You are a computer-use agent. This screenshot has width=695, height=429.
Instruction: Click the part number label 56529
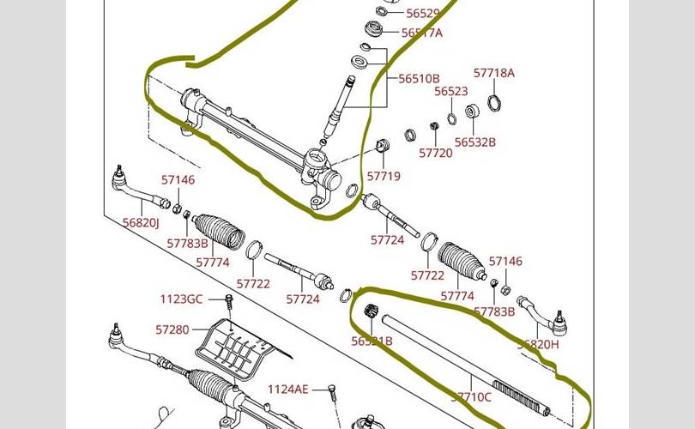coord(423,14)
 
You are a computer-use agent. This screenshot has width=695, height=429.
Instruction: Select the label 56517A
coord(422,33)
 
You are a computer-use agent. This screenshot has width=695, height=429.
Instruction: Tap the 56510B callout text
coord(419,78)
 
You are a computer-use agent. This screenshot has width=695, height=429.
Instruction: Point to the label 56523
coord(450,91)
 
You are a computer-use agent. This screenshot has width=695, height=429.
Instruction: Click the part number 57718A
coord(494,73)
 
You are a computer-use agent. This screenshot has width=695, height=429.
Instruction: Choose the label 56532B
coord(475,142)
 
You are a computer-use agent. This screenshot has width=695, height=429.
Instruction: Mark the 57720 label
coord(436,153)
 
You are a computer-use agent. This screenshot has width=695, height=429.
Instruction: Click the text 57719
coord(384,176)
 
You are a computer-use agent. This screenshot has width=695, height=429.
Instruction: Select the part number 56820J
coord(141,222)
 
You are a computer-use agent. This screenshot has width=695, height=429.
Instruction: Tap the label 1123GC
coord(181,299)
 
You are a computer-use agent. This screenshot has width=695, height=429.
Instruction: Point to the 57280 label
coord(172,329)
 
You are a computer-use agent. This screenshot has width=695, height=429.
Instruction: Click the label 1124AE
coord(287,389)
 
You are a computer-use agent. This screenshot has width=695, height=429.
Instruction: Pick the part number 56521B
coord(372,341)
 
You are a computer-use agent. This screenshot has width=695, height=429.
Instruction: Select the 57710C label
coord(471,396)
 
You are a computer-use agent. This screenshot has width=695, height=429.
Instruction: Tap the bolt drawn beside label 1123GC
coord(228,301)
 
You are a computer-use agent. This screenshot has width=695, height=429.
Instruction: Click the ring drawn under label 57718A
coord(494,103)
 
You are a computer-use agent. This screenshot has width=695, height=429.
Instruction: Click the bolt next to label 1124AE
coord(329,393)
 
